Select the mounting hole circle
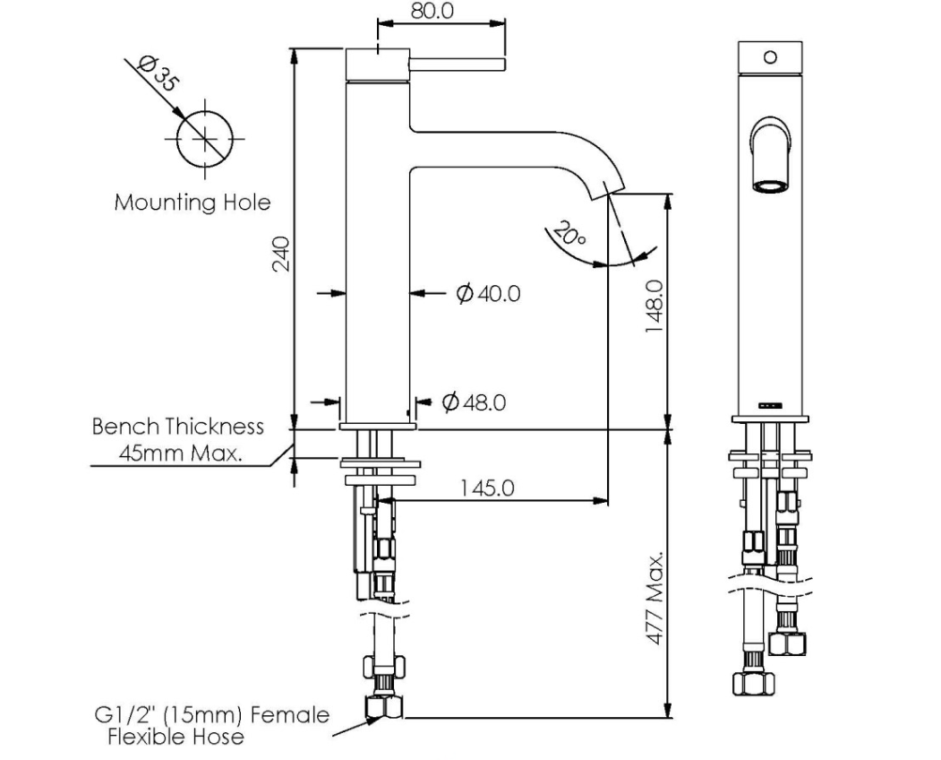click(x=210, y=139)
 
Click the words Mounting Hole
click(x=192, y=203)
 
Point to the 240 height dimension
click(x=281, y=254)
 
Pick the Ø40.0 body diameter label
click(x=488, y=293)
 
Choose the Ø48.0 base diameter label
click(x=474, y=402)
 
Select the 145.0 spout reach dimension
click(x=487, y=488)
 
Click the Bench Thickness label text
click(x=178, y=426)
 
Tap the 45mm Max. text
click(x=181, y=453)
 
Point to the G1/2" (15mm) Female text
click(x=211, y=716)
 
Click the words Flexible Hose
click(x=175, y=738)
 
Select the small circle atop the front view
click(x=770, y=57)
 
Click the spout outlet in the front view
click(x=770, y=186)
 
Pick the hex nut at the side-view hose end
click(x=382, y=707)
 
